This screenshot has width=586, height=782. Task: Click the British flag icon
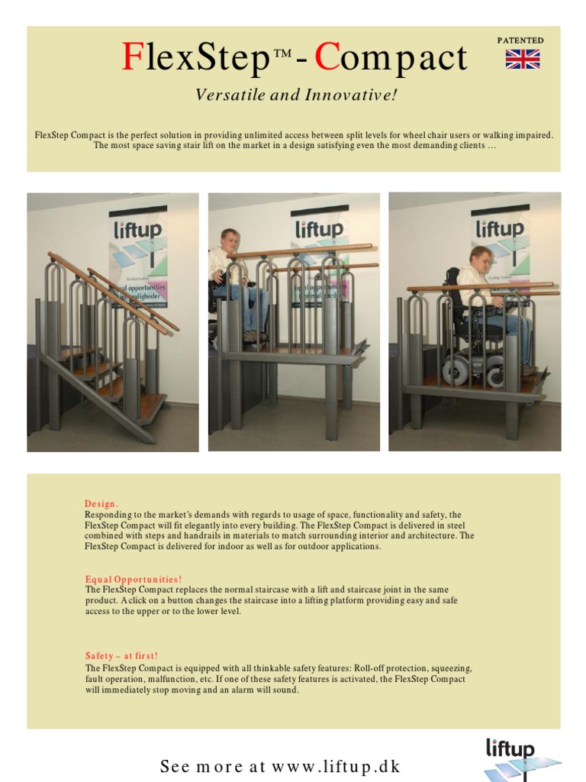point(523,60)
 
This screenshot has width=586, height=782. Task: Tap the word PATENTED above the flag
point(520,40)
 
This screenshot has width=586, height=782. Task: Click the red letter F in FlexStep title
point(132,58)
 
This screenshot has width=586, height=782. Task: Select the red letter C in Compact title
point(327,58)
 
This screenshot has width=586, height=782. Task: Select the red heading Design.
point(101,504)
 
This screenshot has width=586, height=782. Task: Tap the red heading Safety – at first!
point(121,655)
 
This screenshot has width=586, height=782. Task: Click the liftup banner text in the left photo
point(137,230)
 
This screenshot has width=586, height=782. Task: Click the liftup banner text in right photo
point(500,228)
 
